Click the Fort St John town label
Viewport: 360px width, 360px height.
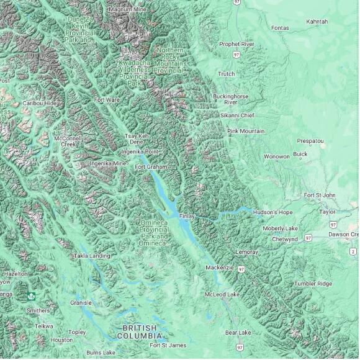[x=320, y=195]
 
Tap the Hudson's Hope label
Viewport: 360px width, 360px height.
[x=272, y=212]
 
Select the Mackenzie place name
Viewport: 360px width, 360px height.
[x=220, y=268]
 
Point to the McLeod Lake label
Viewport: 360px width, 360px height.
[x=222, y=294]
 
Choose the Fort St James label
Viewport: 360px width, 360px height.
[x=168, y=345]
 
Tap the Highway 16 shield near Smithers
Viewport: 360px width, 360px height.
[x=31, y=297]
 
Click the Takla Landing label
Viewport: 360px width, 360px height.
[x=92, y=256]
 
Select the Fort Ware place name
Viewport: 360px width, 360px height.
[x=107, y=99]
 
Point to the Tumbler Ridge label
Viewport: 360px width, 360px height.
[x=313, y=283]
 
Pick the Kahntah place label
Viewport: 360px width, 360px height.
[x=317, y=22]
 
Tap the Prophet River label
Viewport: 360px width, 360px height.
[x=236, y=44]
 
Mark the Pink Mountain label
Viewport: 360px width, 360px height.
[x=246, y=131]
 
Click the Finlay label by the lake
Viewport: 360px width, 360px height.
[x=187, y=216]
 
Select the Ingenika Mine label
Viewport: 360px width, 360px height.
[x=108, y=163]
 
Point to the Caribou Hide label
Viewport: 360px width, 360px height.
[x=39, y=103]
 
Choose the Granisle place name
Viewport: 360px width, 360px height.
[x=81, y=303]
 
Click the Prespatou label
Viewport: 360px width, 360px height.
[x=310, y=141]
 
